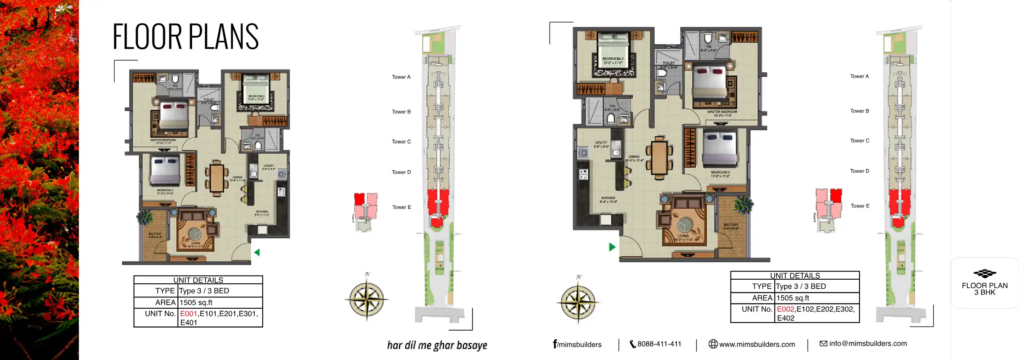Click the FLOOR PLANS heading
tap(185, 37)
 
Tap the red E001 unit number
tap(188, 314)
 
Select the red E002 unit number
tap(785, 309)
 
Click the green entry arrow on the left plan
tap(257, 252)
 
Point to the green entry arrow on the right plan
tap(612, 247)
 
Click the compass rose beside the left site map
tap(366, 299)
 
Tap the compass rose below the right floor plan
tap(578, 302)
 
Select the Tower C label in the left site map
tap(401, 142)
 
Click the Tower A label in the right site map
tap(859, 76)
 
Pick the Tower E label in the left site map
tap(402, 207)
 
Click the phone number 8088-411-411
tap(659, 344)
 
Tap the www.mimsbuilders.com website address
tap(757, 344)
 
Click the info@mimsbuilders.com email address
tap(868, 343)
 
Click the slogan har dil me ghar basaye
tap(437, 345)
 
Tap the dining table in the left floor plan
tap(217, 178)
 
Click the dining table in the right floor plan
tap(659, 158)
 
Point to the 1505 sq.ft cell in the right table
tap(793, 298)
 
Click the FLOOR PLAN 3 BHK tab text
tap(985, 289)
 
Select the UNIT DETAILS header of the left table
tap(198, 280)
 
